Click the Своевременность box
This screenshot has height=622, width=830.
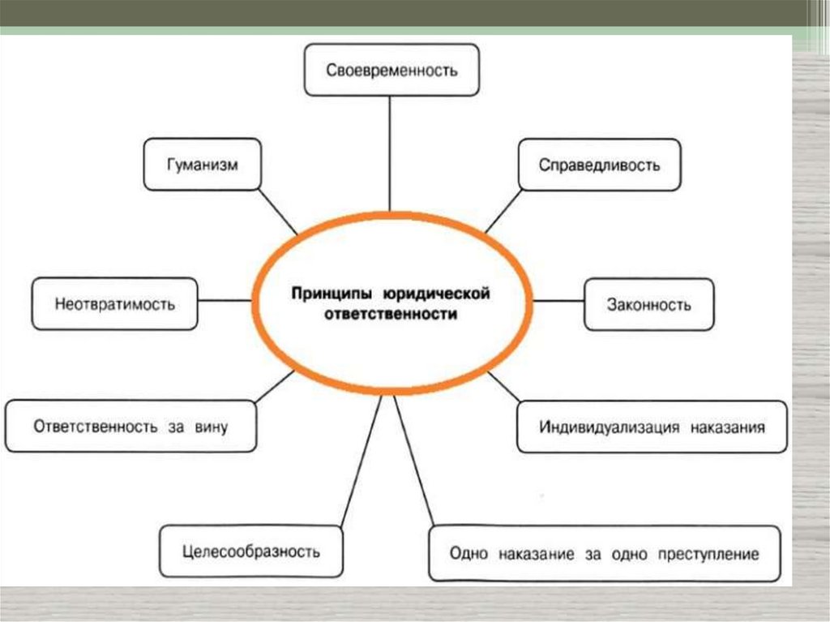click(391, 70)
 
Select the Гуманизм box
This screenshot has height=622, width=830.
click(203, 165)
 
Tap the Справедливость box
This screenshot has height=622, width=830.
click(599, 165)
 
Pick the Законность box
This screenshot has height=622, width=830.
click(648, 304)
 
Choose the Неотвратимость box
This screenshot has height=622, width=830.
click(115, 304)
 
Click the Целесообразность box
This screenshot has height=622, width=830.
click(250, 551)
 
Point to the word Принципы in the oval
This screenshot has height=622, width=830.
click(327, 290)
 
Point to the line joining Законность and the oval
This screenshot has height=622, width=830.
click(559, 301)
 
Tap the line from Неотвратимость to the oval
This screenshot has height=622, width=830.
click(225, 301)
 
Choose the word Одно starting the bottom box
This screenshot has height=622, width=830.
click(467, 555)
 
